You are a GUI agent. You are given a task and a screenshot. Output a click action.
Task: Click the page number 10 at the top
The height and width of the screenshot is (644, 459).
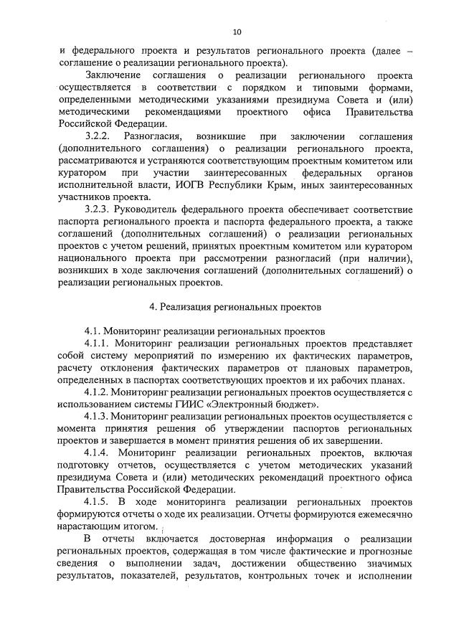coord(237,32)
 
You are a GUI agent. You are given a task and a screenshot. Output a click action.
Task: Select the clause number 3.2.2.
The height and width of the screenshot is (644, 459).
coord(99,136)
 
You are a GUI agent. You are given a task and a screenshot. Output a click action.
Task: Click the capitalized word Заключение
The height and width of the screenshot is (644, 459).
coord(115,75)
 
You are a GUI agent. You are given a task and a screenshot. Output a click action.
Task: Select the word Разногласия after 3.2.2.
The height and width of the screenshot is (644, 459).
coord(153,136)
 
